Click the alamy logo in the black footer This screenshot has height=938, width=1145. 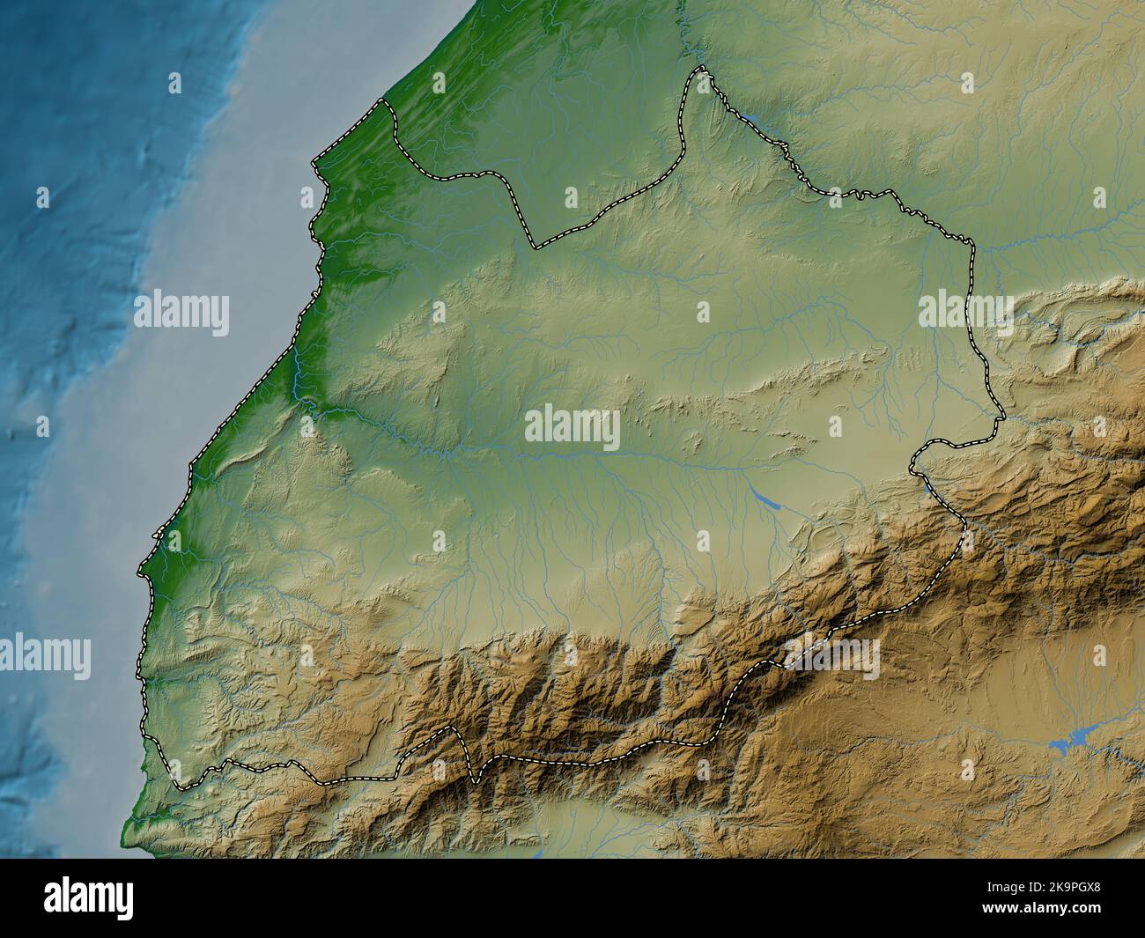point(89,898)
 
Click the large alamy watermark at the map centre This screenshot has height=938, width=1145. point(572,427)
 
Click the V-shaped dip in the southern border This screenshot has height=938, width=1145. point(474,780)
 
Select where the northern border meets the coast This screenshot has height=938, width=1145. point(383,100)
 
